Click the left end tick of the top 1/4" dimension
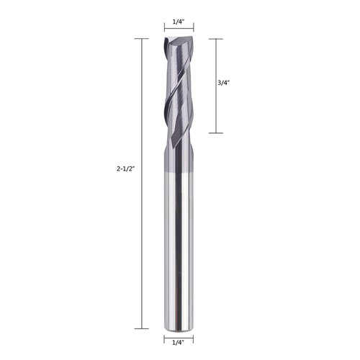[x=165, y=30]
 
